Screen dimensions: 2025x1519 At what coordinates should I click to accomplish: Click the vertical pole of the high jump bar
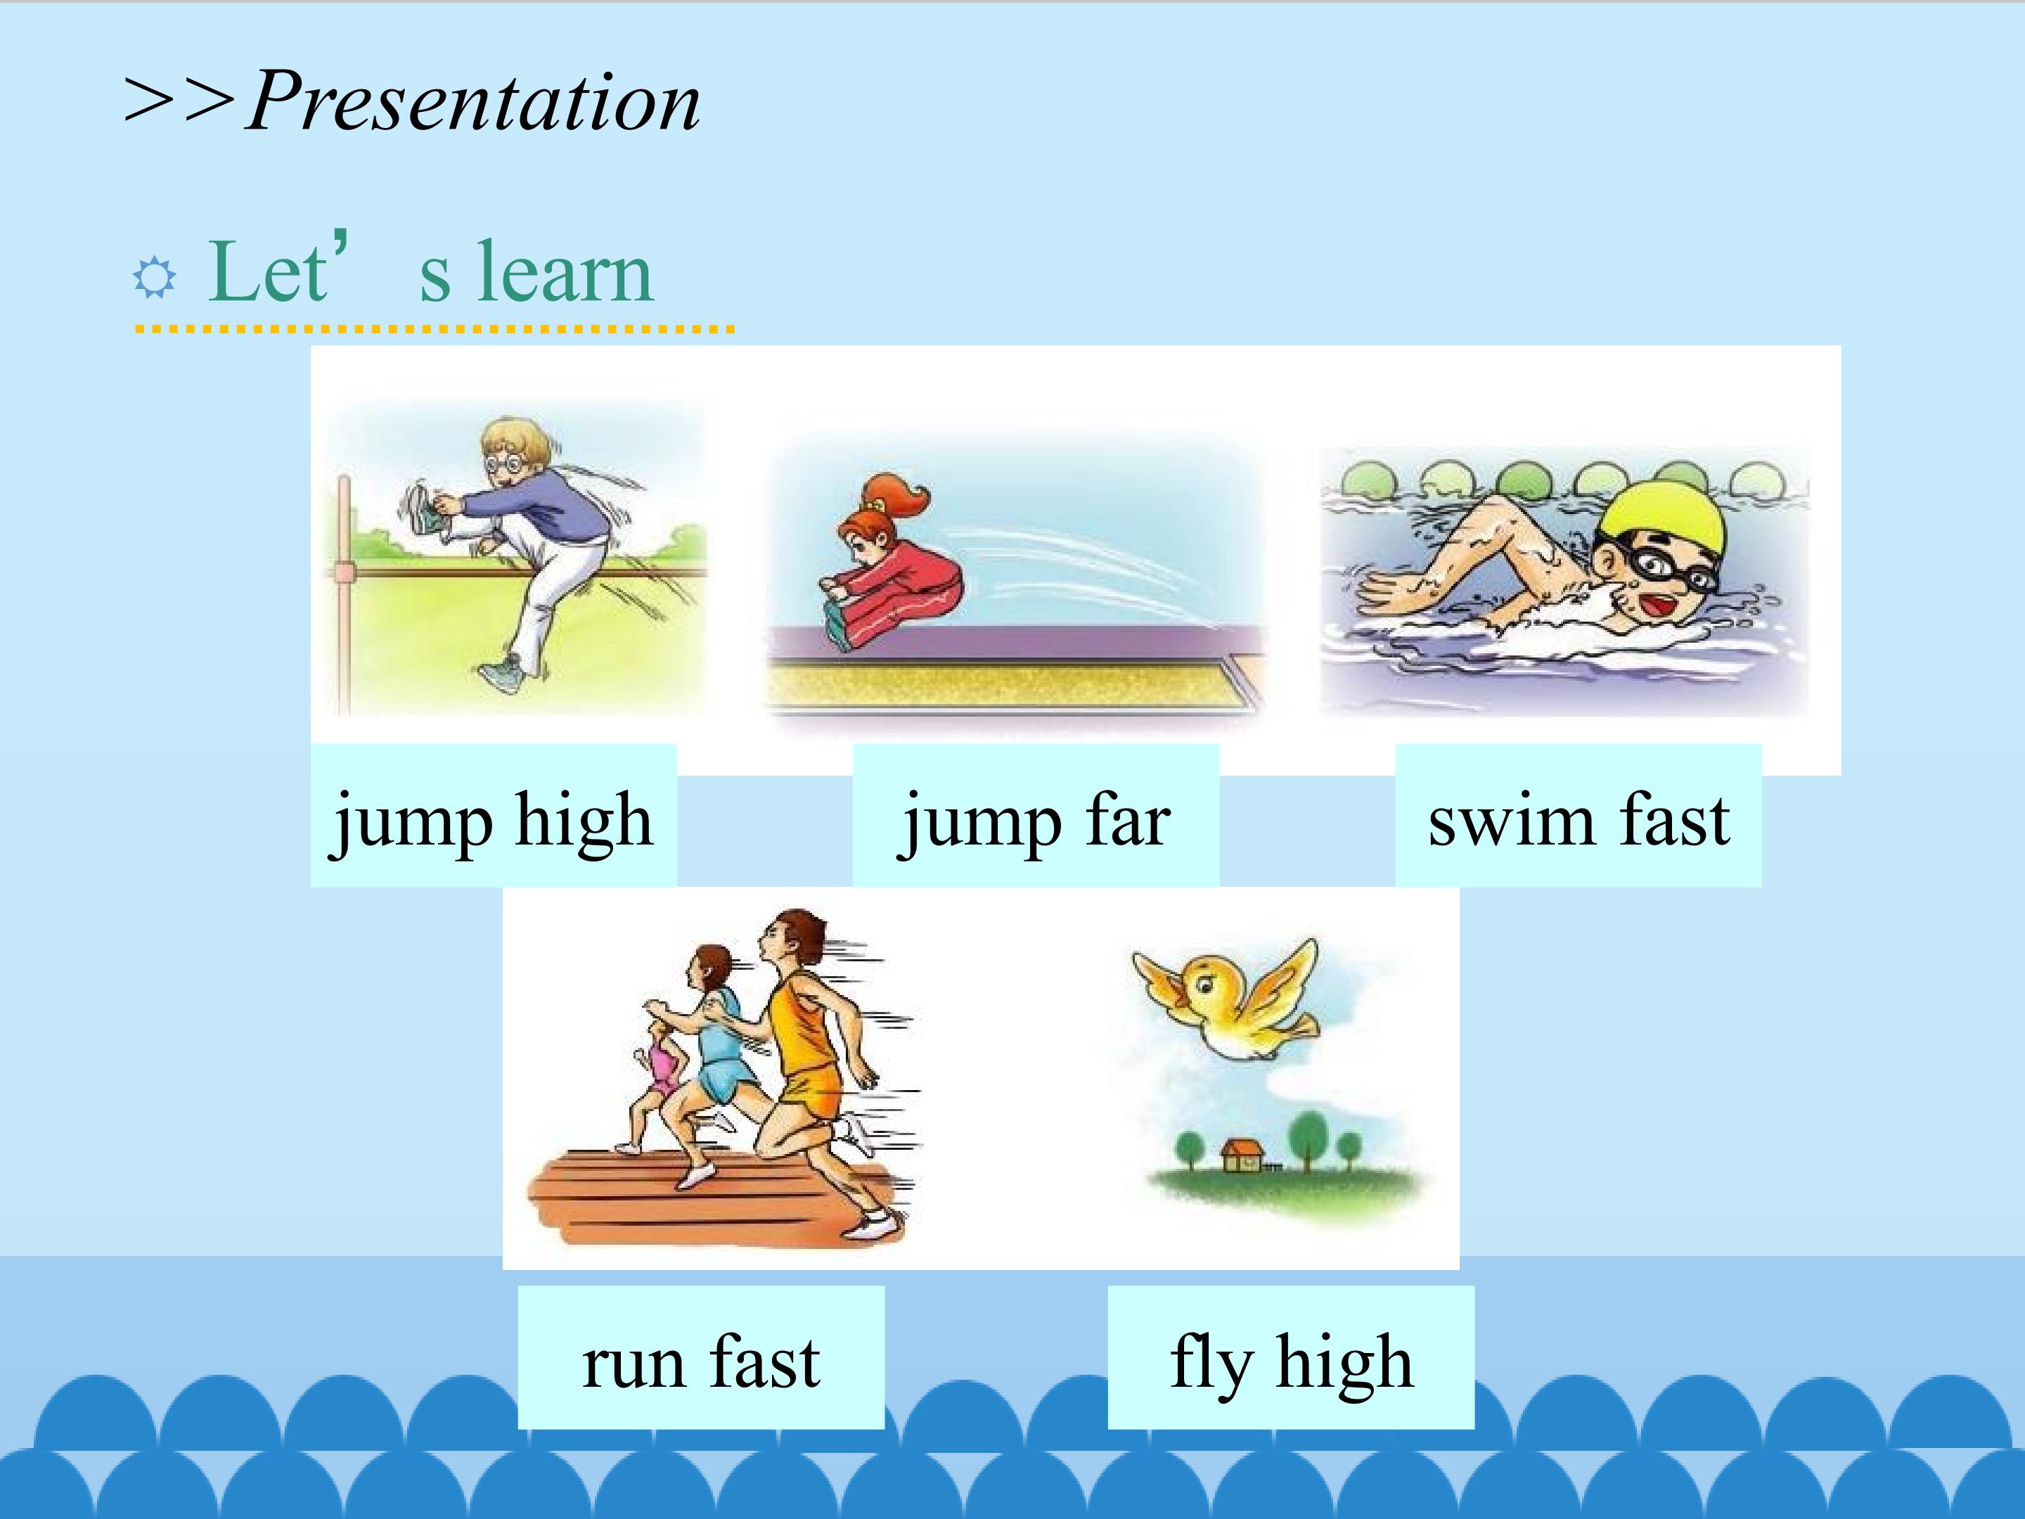[x=345, y=595]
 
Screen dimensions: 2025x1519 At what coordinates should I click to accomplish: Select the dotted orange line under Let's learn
[x=435, y=328]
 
